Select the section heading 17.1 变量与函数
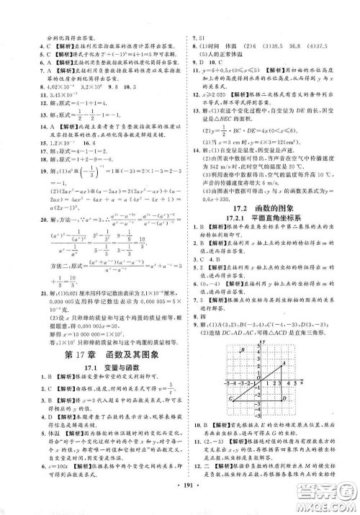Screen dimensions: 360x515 [x=93, y=352]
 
